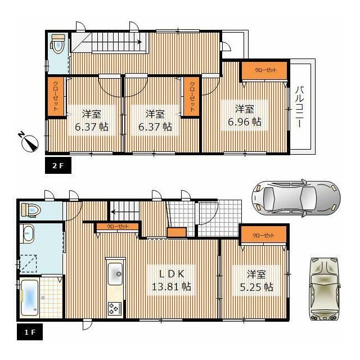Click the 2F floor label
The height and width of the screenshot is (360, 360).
(x=58, y=165)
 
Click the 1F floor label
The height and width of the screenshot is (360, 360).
(x=30, y=332)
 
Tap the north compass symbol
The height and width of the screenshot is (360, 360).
(x=29, y=142)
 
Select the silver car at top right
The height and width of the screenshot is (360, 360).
(x=296, y=199)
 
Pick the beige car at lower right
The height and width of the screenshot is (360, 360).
(x=325, y=289)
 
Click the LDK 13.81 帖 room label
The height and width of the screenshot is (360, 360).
(x=172, y=280)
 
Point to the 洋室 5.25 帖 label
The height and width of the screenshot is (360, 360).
(x=256, y=280)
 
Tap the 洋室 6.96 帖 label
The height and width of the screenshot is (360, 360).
(x=245, y=115)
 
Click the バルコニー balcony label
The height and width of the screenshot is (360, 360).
(x=299, y=106)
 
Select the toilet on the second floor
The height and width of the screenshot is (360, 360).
(x=57, y=44)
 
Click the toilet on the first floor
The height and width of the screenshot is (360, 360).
(x=31, y=210)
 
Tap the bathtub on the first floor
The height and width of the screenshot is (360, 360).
(x=29, y=298)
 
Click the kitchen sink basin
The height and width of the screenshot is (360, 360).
(x=115, y=274)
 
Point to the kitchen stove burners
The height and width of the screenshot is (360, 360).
(x=115, y=308)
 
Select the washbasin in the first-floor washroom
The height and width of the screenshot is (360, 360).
(x=28, y=233)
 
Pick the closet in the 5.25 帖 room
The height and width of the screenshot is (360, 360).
(x=263, y=235)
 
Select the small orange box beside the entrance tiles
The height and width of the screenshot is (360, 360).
(x=177, y=232)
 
